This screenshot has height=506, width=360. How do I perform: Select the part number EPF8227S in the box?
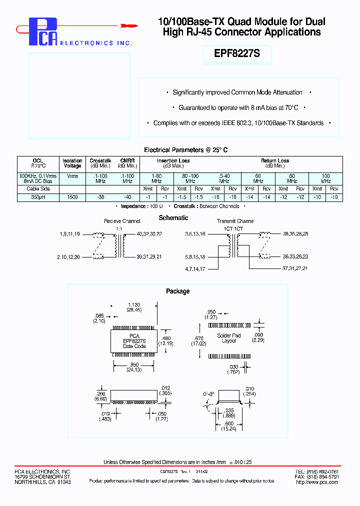coord(237,54)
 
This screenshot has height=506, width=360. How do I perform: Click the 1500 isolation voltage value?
coord(72,197)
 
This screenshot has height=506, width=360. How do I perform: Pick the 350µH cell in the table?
coord(38,197)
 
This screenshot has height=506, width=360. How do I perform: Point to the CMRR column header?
coord(127,161)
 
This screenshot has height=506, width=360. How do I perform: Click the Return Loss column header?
coord(274,161)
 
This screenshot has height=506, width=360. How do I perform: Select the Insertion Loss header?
coord(173,161)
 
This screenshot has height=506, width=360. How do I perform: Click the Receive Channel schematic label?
coord(122,221)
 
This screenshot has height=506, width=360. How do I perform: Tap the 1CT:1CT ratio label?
coord(233,228)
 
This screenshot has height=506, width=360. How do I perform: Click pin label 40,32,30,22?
coord(149,234)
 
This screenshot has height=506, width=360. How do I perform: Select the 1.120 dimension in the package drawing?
coord(133,304)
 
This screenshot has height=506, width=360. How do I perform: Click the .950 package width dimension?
coord(133,364)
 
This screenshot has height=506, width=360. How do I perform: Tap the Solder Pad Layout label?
coord(228,338)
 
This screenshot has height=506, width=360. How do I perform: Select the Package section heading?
coord(177,291)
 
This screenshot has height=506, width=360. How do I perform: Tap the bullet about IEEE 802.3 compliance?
coord(238,123)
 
